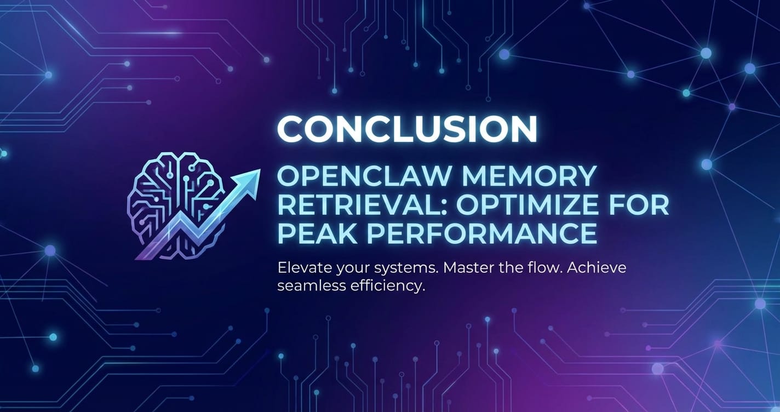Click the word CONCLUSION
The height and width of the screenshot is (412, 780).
coord(407,129)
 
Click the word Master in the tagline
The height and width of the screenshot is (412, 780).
coord(465,268)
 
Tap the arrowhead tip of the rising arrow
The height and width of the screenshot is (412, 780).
coord(260,170)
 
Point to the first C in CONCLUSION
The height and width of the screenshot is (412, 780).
coord(290,129)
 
